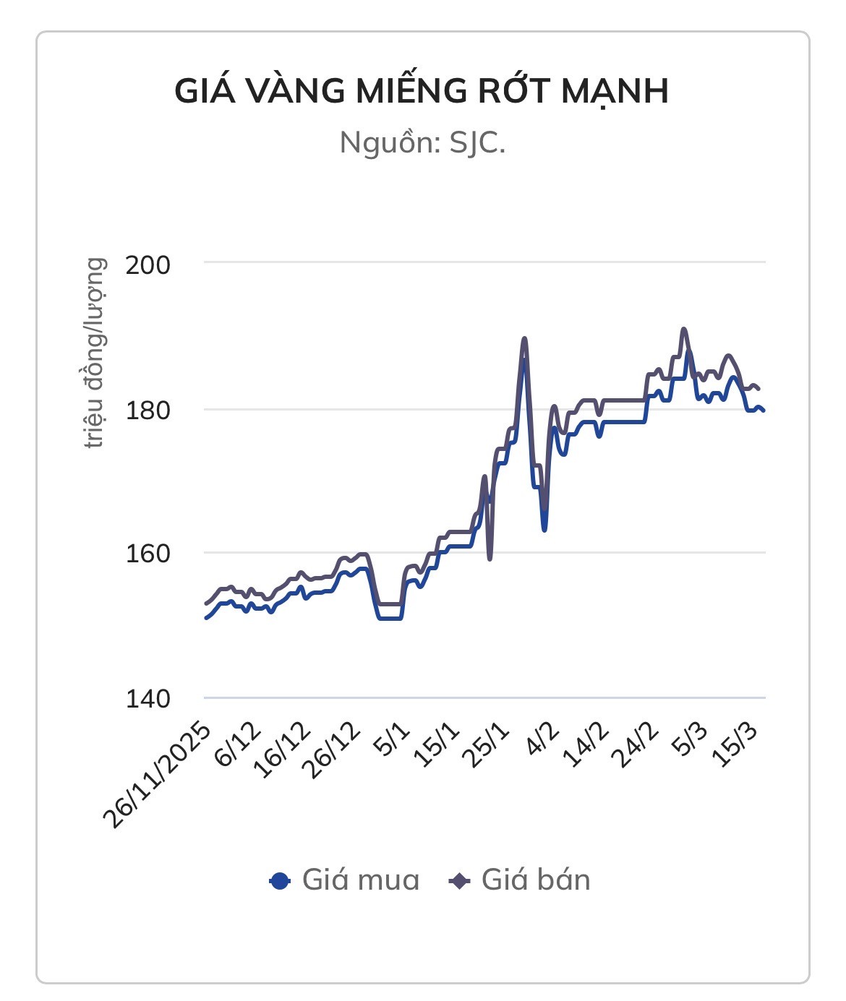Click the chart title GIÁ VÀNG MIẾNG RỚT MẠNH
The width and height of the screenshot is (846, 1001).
click(422, 92)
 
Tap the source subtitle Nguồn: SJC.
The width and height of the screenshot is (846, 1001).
click(422, 142)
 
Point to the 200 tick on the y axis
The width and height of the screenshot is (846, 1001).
click(148, 265)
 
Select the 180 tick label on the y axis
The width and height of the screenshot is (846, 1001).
click(148, 410)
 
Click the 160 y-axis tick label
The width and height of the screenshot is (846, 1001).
click(148, 554)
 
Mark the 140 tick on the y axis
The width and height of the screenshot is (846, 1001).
click(148, 699)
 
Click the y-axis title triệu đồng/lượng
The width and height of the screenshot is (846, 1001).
click(95, 353)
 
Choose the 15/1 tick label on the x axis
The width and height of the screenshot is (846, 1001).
click(437, 744)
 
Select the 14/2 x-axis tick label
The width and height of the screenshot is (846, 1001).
click(587, 744)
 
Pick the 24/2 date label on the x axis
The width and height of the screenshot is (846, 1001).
click(636, 744)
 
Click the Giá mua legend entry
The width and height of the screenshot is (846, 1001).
click(344, 880)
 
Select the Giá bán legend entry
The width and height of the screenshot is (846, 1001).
click(521, 880)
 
